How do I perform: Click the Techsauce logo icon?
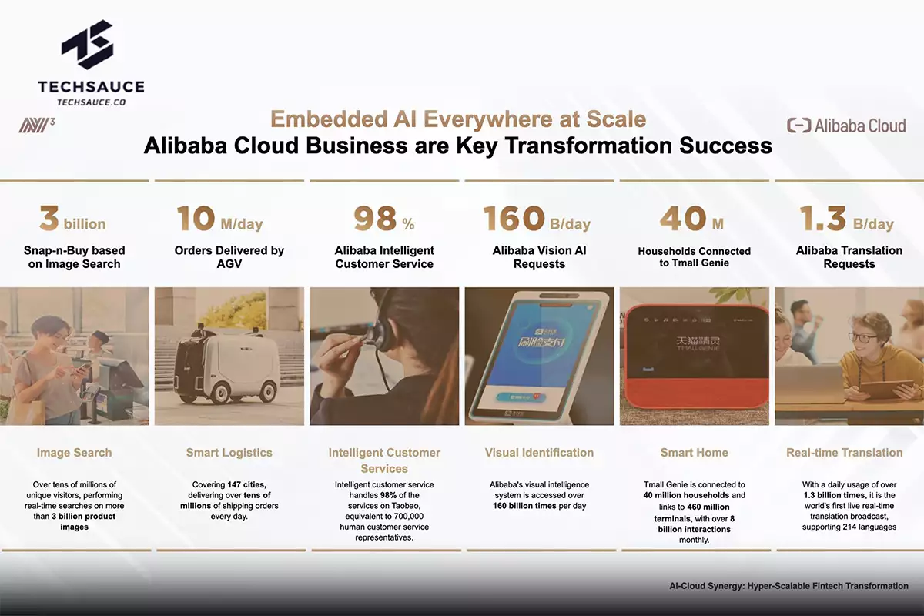coord(91,47)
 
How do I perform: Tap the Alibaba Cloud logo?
coord(846,126)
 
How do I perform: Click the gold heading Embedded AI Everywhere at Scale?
coord(457,120)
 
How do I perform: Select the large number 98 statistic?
coord(375,219)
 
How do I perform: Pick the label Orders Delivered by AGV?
coord(229,257)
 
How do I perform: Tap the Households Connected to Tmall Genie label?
coord(694,257)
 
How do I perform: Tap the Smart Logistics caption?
coord(229,453)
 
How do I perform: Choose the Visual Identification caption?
coord(539,453)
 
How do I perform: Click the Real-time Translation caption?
coord(845,453)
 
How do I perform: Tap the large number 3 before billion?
coord(49,219)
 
